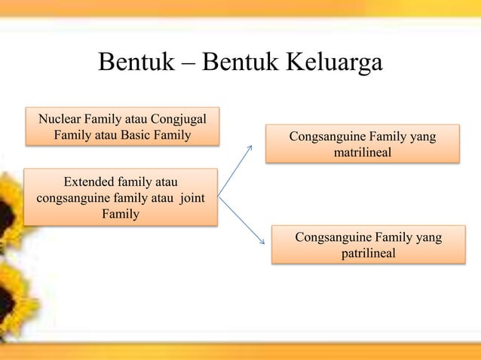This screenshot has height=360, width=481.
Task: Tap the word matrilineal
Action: tap(362, 154)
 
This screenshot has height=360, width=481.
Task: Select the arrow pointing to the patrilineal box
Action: tap(241, 220)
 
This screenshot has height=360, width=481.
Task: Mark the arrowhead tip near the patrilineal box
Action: tap(264, 243)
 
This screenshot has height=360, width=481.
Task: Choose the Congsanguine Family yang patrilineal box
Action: tap(368, 246)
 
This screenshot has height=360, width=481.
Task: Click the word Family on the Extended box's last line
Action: tap(120, 215)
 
